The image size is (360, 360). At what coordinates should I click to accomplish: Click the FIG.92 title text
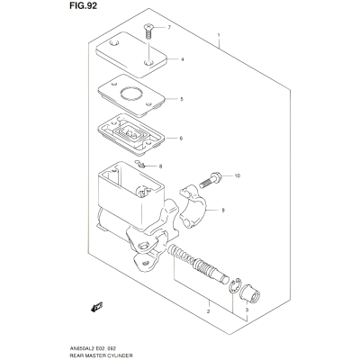pyautogui.click(x=83, y=5)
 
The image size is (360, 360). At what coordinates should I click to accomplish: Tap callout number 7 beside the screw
pyautogui.click(x=169, y=28)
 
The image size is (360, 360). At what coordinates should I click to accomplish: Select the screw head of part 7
pyautogui.click(x=148, y=27)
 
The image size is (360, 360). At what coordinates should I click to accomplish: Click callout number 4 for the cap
pyautogui.click(x=182, y=59)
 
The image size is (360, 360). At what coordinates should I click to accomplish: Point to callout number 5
pyautogui.click(x=182, y=99)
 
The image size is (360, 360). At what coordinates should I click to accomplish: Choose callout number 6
pyautogui.click(x=181, y=139)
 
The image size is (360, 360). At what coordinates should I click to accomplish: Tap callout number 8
pyautogui.click(x=160, y=166)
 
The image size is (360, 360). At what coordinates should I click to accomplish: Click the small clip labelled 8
pyautogui.click(x=139, y=164)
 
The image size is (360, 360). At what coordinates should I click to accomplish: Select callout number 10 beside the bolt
pyautogui.click(x=238, y=175)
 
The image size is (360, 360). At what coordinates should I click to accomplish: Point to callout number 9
pyautogui.click(x=223, y=211)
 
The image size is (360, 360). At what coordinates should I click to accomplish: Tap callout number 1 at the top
pyautogui.click(x=219, y=35)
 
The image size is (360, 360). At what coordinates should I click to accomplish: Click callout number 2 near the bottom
pyautogui.click(x=208, y=311)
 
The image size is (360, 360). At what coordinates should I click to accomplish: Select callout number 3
pyautogui.click(x=247, y=310)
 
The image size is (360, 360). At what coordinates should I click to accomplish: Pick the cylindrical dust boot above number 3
pyautogui.click(x=250, y=293)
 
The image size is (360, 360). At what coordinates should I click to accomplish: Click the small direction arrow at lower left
pyautogui.click(x=97, y=307)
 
